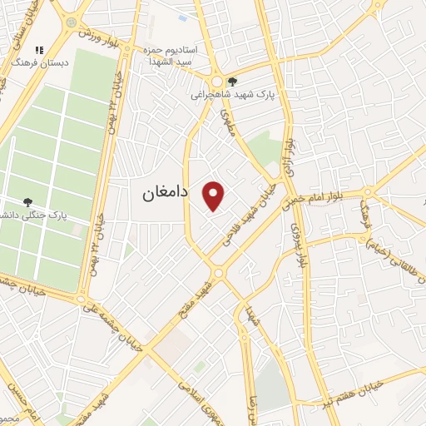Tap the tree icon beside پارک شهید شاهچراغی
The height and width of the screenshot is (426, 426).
[232, 82]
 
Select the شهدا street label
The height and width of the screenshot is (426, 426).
[248, 316]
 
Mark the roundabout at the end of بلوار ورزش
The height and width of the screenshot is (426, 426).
[71, 22]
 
